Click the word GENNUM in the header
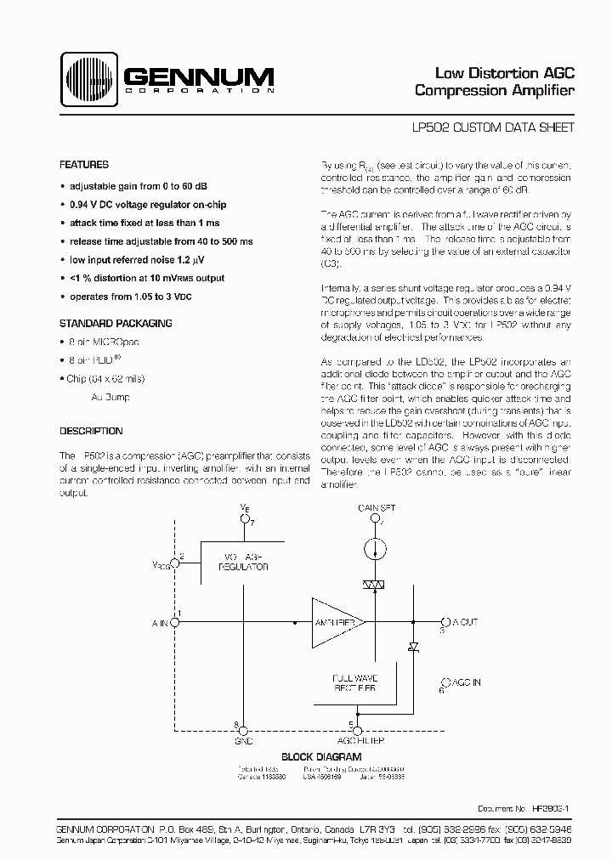click(199, 76)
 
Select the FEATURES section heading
click(83, 165)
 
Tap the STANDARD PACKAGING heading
click(115, 323)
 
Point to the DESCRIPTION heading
click(91, 431)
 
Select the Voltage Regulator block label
click(243, 560)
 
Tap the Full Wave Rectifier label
click(354, 683)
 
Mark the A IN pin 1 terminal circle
click(175, 622)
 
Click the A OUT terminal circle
click(444, 622)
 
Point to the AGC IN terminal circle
click(444, 682)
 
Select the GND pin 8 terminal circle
click(243, 729)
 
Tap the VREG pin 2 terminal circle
click(175, 564)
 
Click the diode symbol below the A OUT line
click(413, 648)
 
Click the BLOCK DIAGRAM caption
click(320, 756)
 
